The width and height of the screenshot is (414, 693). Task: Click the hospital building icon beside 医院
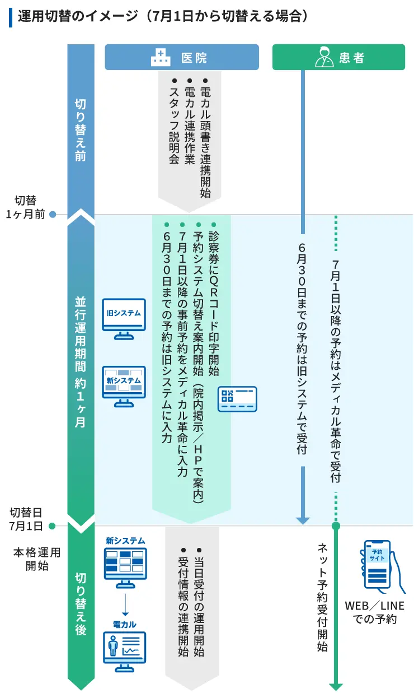pos(161,57)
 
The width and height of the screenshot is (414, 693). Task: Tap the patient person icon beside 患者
pos(324,57)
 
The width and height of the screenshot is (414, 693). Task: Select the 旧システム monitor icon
pos(124,319)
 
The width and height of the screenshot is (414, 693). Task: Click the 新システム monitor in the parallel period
pos(124,387)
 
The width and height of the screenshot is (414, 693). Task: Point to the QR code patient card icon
pos(237,399)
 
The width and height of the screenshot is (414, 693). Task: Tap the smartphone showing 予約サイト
pos(383,567)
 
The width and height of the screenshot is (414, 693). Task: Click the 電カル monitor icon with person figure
pos(125,652)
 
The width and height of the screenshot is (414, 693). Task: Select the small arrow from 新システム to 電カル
pos(125,604)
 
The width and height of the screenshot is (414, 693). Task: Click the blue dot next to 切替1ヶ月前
pos(53,214)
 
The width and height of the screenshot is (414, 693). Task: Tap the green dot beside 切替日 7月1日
pos(52,526)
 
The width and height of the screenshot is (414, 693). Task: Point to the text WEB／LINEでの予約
pos(374,612)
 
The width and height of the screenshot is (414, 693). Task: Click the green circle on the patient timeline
pos(336,525)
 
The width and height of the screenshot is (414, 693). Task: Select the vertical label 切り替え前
pos(81,130)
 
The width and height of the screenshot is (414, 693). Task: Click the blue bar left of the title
pos(11,17)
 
